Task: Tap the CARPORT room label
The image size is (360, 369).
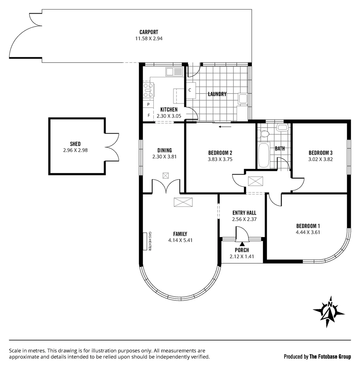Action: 148,32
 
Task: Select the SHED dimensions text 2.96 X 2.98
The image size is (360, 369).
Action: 75,150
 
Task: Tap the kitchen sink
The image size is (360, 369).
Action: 174,72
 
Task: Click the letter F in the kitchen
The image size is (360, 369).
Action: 149,115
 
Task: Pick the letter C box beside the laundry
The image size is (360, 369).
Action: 190,90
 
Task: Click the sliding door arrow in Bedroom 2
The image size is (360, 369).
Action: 225,127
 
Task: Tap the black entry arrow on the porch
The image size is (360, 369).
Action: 242,244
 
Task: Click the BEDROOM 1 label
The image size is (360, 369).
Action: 308,226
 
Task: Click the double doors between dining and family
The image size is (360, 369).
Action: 165,187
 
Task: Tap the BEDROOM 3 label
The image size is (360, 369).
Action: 320,153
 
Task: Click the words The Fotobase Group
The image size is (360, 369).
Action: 330,357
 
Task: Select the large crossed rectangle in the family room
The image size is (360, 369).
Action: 183,202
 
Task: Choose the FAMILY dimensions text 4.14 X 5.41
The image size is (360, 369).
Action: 180,240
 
